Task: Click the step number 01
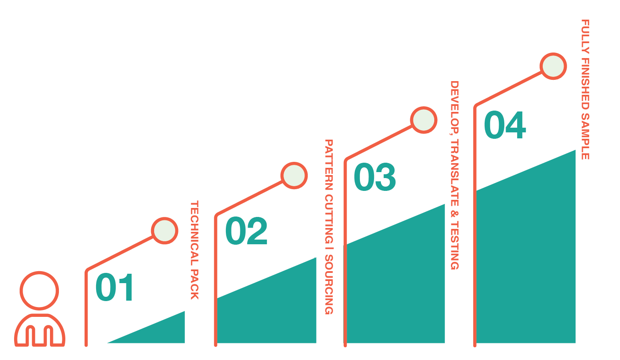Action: click(x=114, y=287)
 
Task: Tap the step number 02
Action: click(x=246, y=231)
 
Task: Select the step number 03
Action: click(x=375, y=177)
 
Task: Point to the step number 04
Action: click(x=505, y=125)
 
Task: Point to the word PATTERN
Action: click(x=328, y=165)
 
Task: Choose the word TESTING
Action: click(x=454, y=245)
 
